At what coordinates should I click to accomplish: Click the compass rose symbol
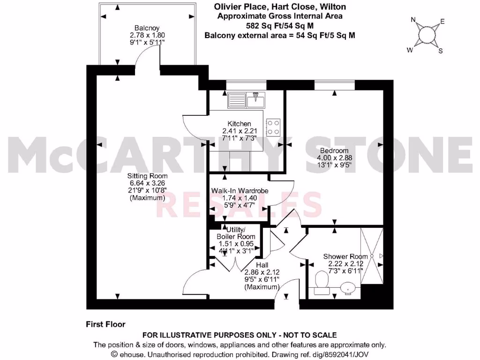426,35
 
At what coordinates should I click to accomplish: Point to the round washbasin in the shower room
348,287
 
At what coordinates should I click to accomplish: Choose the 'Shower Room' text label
342,256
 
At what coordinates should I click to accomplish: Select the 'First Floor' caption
105,324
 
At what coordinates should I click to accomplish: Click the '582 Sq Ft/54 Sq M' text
280,25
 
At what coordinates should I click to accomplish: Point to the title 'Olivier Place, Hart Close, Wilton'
280,7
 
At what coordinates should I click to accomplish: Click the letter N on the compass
413,20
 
